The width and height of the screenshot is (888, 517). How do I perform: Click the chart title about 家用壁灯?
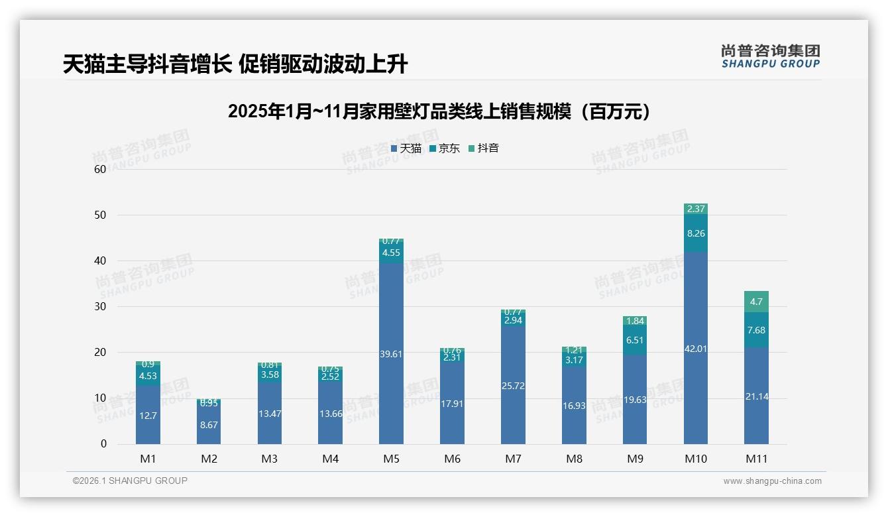[439, 111]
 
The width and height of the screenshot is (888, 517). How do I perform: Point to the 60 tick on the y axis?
[100, 169]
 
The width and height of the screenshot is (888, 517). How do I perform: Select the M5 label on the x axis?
[391, 459]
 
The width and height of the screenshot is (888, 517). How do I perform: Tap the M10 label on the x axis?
[695, 459]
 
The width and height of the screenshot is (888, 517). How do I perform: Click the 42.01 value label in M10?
[695, 349]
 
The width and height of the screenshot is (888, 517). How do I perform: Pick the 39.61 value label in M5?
[391, 354]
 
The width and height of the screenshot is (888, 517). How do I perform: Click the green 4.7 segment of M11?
[756, 302]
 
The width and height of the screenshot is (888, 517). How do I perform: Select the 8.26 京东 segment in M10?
[695, 233]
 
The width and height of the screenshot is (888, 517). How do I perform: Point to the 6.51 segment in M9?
[635, 340]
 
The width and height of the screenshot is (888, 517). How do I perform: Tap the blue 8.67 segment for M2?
[209, 425]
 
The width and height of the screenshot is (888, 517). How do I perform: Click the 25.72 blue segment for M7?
[513, 385]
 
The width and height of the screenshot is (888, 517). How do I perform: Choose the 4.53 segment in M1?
[148, 376]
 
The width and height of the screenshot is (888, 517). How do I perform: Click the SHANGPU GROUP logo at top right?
[770, 56]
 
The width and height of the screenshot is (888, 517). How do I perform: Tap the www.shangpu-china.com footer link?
[772, 481]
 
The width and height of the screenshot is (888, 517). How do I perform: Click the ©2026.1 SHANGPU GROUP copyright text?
[130, 481]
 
